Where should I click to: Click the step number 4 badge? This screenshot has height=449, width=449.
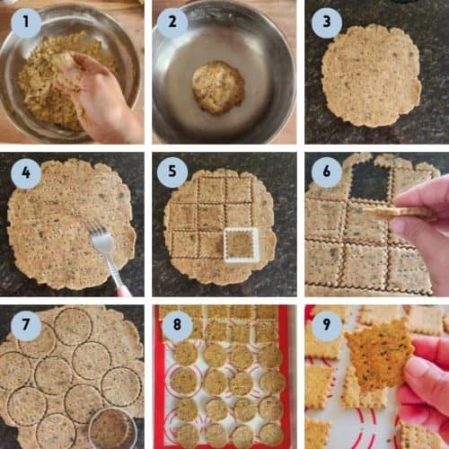(25, 172)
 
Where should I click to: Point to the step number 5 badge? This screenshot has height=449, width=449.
(172, 172)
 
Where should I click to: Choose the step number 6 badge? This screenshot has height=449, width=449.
(326, 172)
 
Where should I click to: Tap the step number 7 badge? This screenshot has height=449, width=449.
(25, 326)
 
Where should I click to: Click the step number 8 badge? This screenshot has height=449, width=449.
(172, 326)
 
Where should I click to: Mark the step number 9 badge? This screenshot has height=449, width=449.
(326, 326)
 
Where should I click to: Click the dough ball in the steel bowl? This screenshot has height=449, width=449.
(217, 86)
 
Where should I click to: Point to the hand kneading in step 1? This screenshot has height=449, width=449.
(94, 94)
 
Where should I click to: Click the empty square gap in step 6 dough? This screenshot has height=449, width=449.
(370, 183)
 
